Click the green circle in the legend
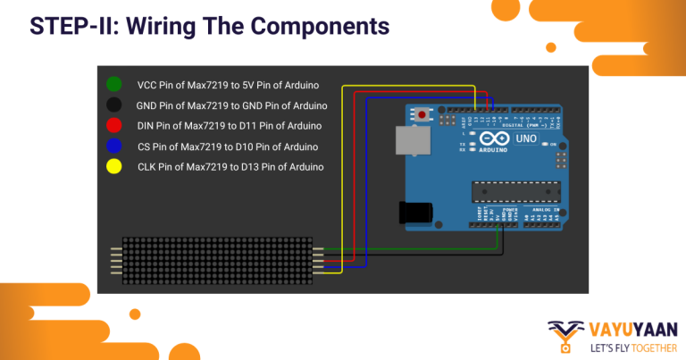click(113, 85)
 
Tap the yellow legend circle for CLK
click(113, 166)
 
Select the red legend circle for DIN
click(113, 126)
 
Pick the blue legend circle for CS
click(113, 147)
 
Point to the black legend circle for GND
click(113, 105)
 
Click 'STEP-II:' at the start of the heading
click(64, 26)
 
